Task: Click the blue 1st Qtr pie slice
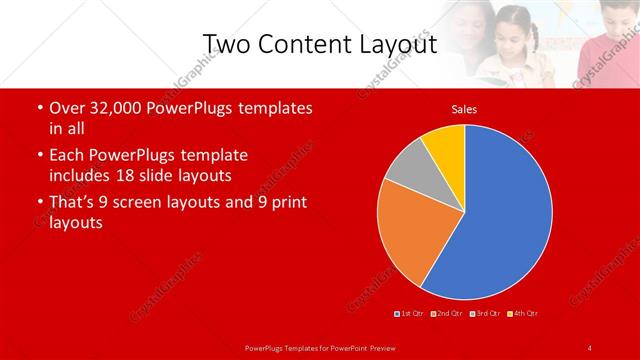(x=500, y=210)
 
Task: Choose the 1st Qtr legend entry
(x=410, y=314)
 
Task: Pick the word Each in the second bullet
(x=67, y=156)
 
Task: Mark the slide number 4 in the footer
(x=590, y=347)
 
